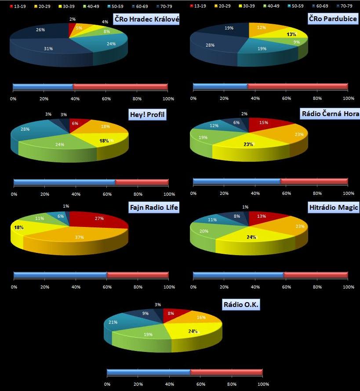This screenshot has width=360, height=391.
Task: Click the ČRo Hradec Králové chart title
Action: click(x=147, y=20)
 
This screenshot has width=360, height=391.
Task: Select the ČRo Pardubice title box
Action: click(x=333, y=19)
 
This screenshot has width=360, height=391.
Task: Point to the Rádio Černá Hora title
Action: click(x=330, y=114)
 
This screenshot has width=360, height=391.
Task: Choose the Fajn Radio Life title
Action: click(x=154, y=208)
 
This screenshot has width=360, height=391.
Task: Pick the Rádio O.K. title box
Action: click(x=241, y=305)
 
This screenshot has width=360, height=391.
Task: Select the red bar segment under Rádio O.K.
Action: click(x=226, y=373)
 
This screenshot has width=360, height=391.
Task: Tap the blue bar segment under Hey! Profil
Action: click(x=64, y=182)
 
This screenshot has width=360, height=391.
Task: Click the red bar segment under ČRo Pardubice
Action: click(x=298, y=86)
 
